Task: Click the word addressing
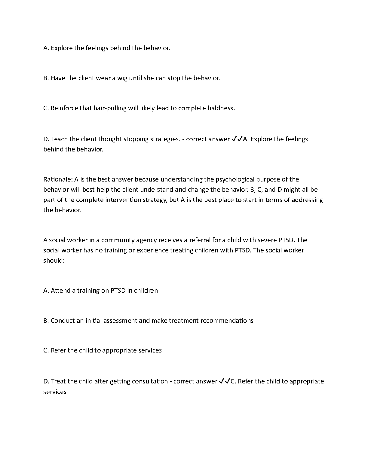point(307,200)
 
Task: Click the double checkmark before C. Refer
point(225,381)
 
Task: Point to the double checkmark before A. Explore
point(237,139)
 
